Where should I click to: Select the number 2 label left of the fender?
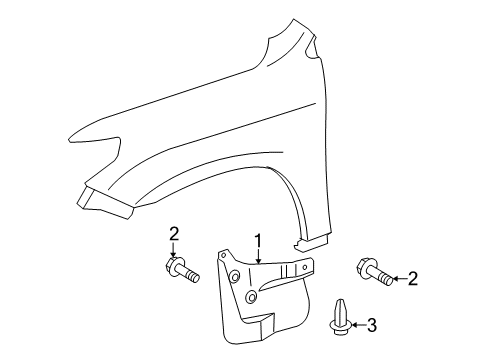[x=173, y=234]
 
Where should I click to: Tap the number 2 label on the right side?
[x=411, y=278]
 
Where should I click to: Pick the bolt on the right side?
[x=364, y=271]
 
